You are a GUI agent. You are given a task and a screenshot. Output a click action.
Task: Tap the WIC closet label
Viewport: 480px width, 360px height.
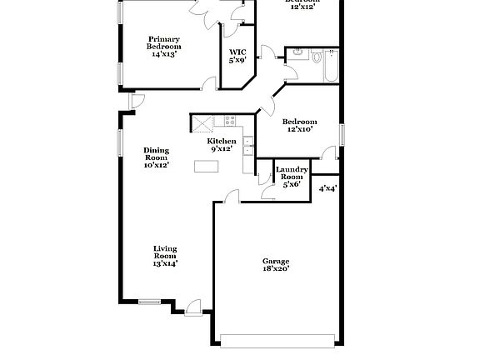(x=237, y=56)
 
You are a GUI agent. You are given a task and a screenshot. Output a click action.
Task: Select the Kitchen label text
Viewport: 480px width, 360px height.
(x=222, y=145)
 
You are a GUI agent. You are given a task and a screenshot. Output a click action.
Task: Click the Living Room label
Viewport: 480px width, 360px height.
(x=165, y=255)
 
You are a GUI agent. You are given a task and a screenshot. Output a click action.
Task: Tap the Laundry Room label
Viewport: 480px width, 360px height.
(x=292, y=176)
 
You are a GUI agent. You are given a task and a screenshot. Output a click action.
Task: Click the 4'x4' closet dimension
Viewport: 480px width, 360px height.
(x=327, y=188)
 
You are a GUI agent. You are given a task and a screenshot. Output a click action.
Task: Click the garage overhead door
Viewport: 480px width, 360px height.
(x=281, y=339)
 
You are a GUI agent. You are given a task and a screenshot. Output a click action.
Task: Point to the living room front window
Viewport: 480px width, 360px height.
(x=151, y=301)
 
